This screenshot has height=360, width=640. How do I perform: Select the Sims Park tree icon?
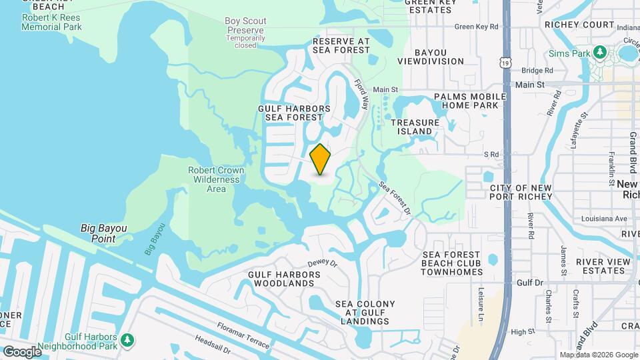click(599, 53)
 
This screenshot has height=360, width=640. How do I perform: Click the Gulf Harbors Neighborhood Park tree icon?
click(127, 341)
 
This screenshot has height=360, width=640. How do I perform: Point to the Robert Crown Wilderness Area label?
click(216, 179)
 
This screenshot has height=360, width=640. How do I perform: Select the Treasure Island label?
click(415, 127)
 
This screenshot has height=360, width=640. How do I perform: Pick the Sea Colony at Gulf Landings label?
click(365, 313)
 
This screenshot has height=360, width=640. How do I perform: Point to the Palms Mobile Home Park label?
click(466, 101)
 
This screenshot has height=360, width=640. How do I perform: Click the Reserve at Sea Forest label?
click(341, 45)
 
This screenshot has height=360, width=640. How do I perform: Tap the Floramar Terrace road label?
click(243, 335)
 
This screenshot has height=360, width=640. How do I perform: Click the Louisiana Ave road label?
click(602, 219)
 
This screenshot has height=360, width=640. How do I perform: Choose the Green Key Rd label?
click(477, 27)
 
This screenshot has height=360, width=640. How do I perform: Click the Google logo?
click(22, 351)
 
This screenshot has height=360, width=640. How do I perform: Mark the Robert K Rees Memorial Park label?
click(51, 22)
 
